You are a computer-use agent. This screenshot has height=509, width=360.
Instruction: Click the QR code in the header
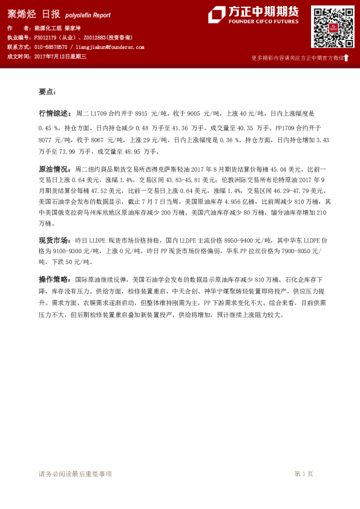pyautogui.click(x=332, y=27)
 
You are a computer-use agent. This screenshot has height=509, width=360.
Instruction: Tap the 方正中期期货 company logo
pyautogui.click(x=254, y=16)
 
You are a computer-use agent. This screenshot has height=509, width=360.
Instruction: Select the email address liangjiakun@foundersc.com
pyautogui.click(x=110, y=47)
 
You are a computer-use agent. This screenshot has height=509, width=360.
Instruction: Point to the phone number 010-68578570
pyautogui.click(x=51, y=47)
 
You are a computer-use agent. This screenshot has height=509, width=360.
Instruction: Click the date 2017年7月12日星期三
pyautogui.click(x=61, y=56)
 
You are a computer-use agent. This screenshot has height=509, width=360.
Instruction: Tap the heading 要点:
pyautogui.click(x=47, y=92)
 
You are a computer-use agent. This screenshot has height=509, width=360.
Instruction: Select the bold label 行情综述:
pyautogui.click(x=55, y=113)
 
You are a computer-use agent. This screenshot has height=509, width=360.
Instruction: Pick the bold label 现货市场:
pyautogui.click(x=55, y=241)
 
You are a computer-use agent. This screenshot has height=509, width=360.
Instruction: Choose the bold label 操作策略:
pyautogui.click(x=55, y=279)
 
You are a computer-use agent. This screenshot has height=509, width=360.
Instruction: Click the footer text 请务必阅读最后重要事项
pyautogui.click(x=75, y=474)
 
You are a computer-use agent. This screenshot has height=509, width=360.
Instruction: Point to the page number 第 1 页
pyautogui.click(x=304, y=474)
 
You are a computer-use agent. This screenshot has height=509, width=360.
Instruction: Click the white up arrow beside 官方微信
pyautogui.click(x=347, y=58)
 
